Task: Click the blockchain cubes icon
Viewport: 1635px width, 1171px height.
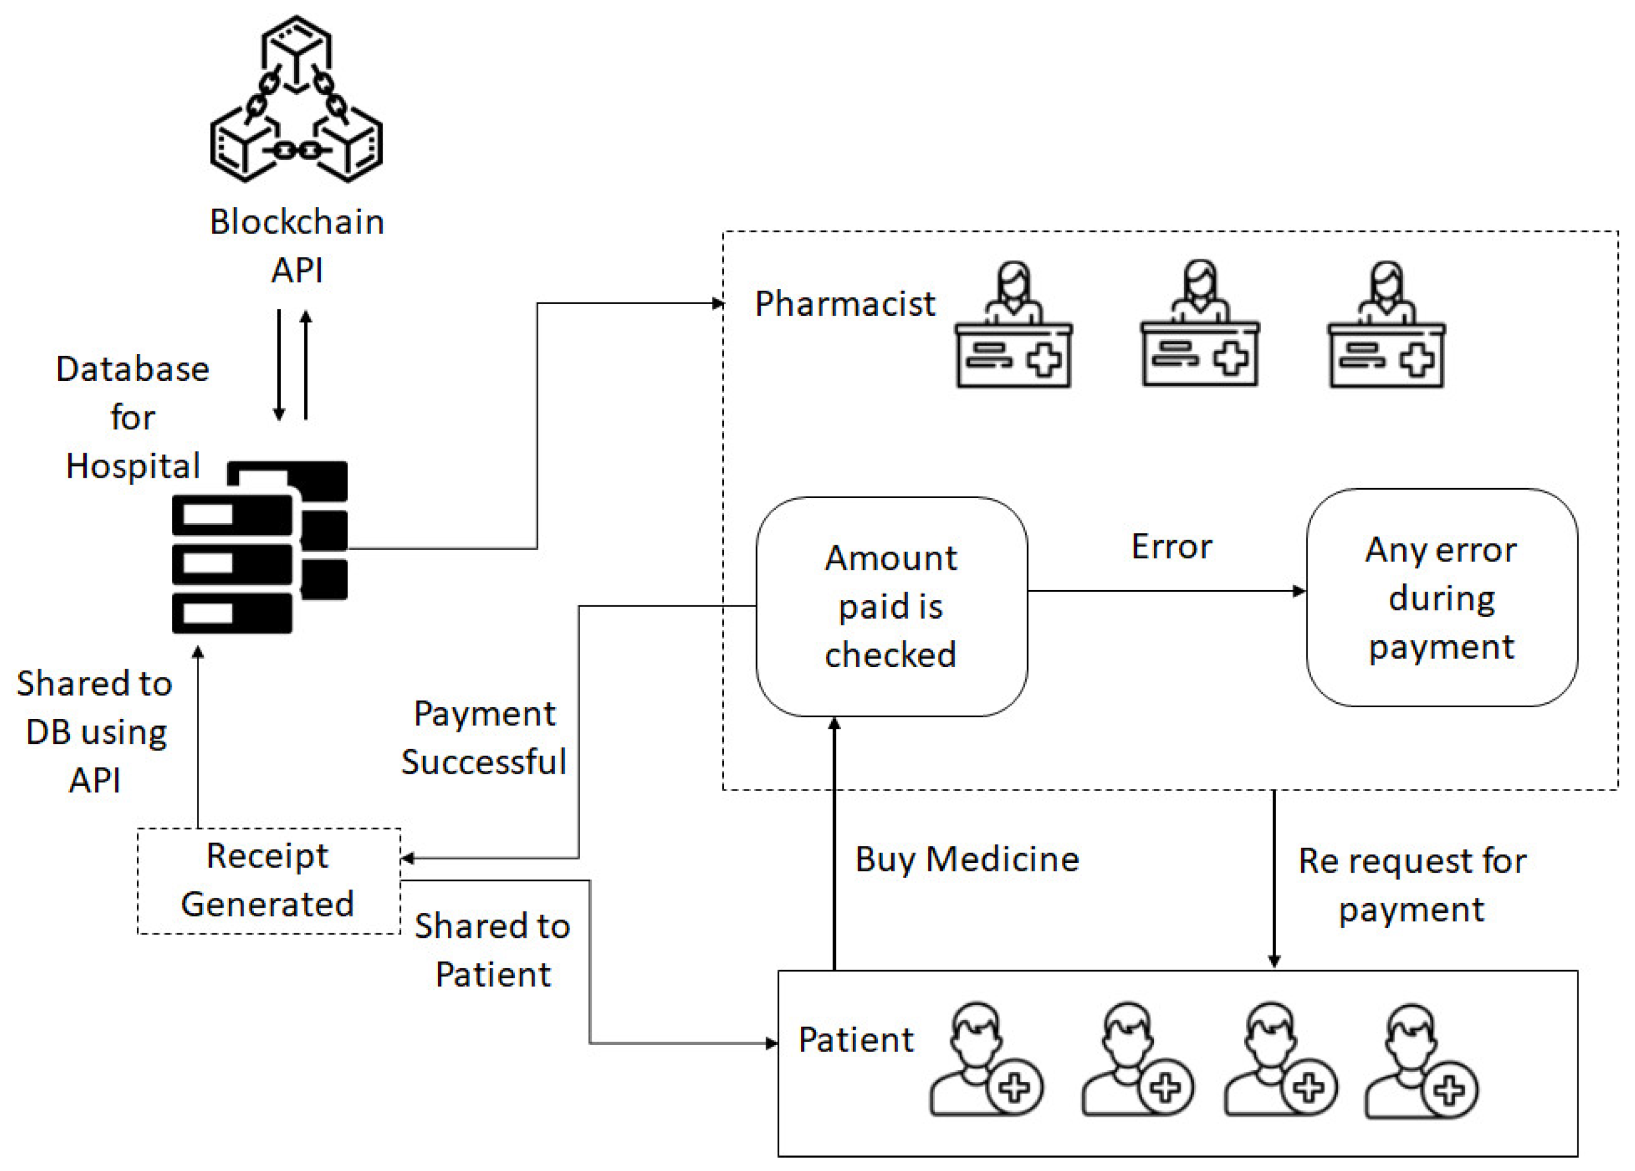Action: [x=296, y=99]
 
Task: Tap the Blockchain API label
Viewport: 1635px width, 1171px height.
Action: [x=297, y=246]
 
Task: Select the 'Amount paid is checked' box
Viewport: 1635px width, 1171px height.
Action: [x=892, y=606]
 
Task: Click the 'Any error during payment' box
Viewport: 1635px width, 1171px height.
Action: [x=1442, y=598]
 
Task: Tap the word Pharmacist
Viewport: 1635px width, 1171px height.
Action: [x=845, y=304]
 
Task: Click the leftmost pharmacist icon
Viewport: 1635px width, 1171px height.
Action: [x=1014, y=325]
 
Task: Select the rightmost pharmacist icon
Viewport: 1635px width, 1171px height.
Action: [x=1386, y=325]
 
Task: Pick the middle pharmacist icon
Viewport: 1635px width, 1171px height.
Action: [x=1200, y=325]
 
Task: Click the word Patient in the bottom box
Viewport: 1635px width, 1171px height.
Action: [x=856, y=1040]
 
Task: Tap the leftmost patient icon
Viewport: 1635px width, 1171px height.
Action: [x=986, y=1060]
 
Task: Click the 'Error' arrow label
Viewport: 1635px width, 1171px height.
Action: [x=1171, y=546]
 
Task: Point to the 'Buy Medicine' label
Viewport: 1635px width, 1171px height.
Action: [x=967, y=859]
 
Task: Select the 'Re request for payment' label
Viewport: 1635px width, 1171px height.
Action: [x=1412, y=885]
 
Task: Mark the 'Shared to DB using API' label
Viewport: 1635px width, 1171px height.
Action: [x=94, y=732]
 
